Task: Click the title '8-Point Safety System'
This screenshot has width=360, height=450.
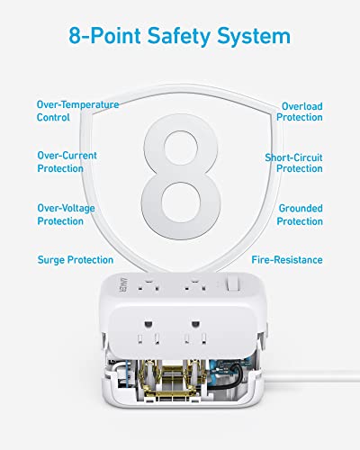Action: tap(180, 36)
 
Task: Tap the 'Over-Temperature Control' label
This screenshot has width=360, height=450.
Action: tap(77, 111)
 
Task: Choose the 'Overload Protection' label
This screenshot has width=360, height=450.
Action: tap(300, 111)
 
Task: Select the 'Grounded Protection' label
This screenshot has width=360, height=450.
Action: tap(300, 214)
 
